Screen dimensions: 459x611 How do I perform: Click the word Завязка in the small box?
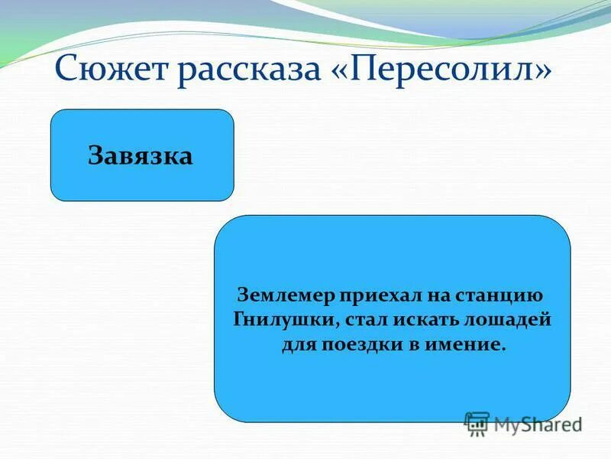coord(141,155)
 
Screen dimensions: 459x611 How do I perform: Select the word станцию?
coord(499,295)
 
